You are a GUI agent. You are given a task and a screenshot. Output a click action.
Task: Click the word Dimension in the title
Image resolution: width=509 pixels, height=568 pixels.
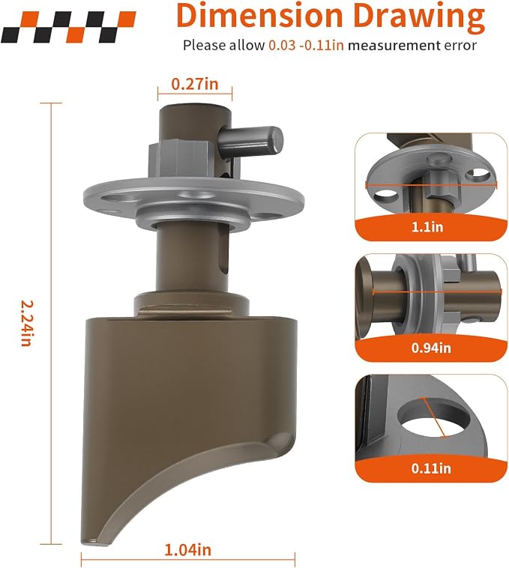click(x=259, y=16)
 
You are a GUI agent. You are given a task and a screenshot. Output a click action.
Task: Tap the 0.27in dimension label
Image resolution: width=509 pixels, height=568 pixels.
click(x=195, y=84)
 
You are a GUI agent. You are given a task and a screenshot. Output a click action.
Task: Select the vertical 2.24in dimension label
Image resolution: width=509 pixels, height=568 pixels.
click(x=25, y=323)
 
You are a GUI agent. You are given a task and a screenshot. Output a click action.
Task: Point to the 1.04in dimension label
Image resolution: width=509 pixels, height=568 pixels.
click(x=187, y=550)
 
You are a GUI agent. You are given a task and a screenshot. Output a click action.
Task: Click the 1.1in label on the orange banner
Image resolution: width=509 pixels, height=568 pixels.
click(x=427, y=227)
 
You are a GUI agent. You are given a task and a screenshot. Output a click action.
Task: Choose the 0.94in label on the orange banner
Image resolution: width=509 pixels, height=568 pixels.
click(x=431, y=348)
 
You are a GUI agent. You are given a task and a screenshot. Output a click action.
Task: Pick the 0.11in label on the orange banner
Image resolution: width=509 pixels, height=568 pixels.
click(x=431, y=469)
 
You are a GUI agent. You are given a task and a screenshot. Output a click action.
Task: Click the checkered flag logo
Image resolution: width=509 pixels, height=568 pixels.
click(x=68, y=27)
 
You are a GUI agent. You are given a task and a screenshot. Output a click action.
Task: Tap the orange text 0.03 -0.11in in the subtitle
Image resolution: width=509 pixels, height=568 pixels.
click(x=306, y=46)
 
